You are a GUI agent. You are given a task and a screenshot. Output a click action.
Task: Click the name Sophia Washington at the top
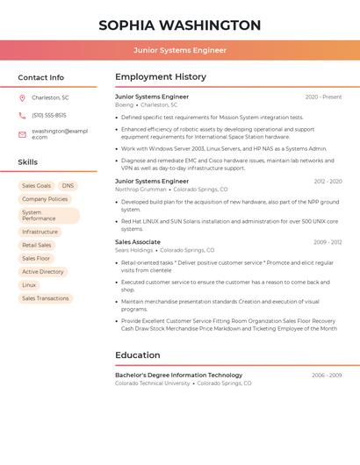click(180, 25)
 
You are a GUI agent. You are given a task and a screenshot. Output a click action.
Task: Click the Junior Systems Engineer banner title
click(180, 50)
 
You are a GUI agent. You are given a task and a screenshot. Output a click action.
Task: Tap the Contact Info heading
click(41, 77)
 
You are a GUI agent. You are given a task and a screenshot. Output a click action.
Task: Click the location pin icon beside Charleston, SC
click(22, 97)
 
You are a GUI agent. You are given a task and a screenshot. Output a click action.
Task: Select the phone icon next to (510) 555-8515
click(22, 116)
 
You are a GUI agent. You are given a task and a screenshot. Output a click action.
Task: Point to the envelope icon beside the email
click(22, 134)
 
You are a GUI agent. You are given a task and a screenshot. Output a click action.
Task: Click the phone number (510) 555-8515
click(49, 116)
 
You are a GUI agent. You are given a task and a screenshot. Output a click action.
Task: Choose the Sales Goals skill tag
click(36, 186)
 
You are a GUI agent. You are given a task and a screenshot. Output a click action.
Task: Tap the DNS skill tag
click(68, 186)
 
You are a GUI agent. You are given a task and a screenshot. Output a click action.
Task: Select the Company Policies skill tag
click(45, 199)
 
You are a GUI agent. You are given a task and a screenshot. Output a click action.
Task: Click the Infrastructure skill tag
click(40, 232)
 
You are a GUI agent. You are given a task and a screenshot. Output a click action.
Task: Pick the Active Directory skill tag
click(43, 272)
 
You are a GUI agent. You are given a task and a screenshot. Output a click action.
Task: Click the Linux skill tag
click(29, 285)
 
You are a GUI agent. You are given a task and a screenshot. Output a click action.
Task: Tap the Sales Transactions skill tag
click(45, 298)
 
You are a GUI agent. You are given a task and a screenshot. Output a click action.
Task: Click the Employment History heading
click(161, 77)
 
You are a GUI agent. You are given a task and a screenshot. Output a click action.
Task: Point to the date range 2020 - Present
click(323, 97)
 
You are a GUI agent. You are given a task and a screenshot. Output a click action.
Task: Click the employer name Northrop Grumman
click(140, 190)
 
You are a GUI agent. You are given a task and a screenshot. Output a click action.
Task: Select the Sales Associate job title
click(138, 241)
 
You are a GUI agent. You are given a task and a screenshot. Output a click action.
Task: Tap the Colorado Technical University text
click(153, 383)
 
